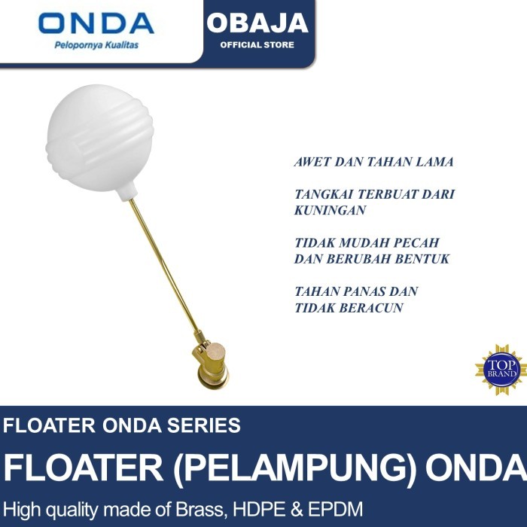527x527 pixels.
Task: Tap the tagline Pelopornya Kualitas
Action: coord(96,45)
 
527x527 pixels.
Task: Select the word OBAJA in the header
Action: coord(257,23)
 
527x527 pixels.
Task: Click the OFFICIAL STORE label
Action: coord(257,45)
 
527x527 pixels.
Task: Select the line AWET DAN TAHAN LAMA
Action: coord(373,162)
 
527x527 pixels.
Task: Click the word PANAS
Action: coord(362,291)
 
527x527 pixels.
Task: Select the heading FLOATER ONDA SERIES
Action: coord(122,425)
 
